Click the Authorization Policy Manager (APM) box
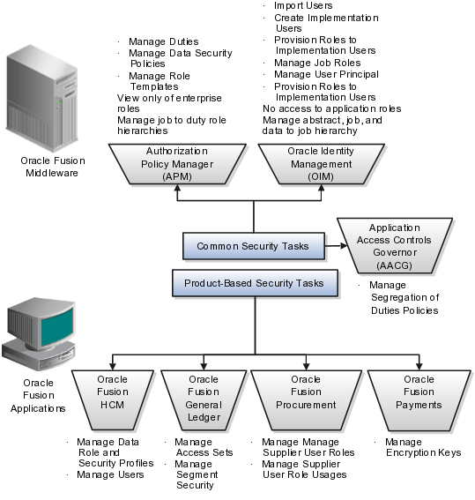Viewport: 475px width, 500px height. (x=176, y=163)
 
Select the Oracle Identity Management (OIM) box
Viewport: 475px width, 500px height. (x=320, y=163)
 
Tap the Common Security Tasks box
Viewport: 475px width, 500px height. (x=253, y=246)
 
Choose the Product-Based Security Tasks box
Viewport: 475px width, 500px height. (x=254, y=283)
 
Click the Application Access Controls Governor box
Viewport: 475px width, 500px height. (x=396, y=245)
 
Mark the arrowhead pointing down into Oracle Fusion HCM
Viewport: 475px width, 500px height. (x=113, y=363)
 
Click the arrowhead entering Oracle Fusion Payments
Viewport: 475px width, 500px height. (x=419, y=363)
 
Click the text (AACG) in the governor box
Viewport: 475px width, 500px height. (x=395, y=265)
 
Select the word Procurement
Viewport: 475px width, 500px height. (x=306, y=405)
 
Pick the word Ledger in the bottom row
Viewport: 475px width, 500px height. (x=204, y=417)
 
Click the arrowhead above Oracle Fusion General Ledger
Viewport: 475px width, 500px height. (x=204, y=363)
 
